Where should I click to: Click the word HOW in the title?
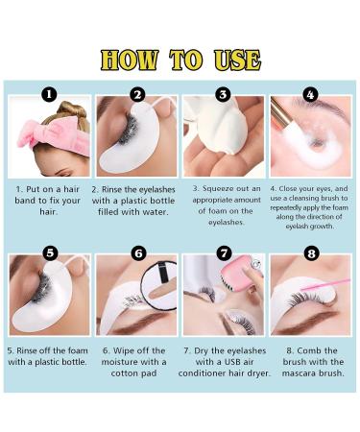click(x=130, y=60)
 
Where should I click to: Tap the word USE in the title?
click(x=237, y=60)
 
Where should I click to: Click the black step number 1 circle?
click(x=49, y=94)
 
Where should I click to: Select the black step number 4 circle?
click(x=310, y=95)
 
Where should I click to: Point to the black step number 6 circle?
click(x=138, y=253)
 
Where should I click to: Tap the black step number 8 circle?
click(x=311, y=253)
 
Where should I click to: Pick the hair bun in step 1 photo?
click(x=72, y=109)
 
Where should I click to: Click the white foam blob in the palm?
click(x=218, y=126)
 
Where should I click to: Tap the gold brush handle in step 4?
click(x=278, y=110)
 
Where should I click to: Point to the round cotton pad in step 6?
click(x=159, y=285)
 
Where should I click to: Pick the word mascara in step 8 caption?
click(x=299, y=373)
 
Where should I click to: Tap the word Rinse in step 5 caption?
click(x=27, y=350)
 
